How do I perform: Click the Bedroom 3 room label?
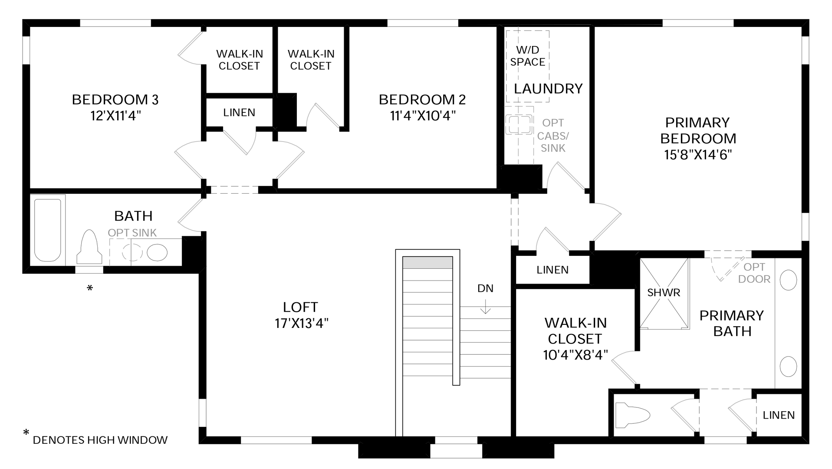(115, 99)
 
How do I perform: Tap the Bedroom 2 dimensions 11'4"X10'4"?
(422, 116)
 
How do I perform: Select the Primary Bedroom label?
(698, 130)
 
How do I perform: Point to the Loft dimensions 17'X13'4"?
(301, 324)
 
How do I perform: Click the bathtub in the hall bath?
(47, 230)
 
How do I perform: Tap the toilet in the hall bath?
(89, 247)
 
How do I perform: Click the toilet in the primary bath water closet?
(633, 415)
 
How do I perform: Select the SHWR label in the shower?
(664, 293)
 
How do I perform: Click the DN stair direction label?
(485, 288)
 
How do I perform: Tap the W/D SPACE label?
(528, 56)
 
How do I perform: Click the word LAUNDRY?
(548, 89)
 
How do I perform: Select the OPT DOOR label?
(754, 273)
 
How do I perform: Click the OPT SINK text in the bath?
(132, 233)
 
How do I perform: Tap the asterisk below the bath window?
(90, 288)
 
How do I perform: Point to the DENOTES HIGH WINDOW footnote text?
(100, 440)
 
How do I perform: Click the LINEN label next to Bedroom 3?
(239, 112)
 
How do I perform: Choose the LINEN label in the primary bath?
(779, 415)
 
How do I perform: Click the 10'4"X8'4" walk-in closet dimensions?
(575, 355)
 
